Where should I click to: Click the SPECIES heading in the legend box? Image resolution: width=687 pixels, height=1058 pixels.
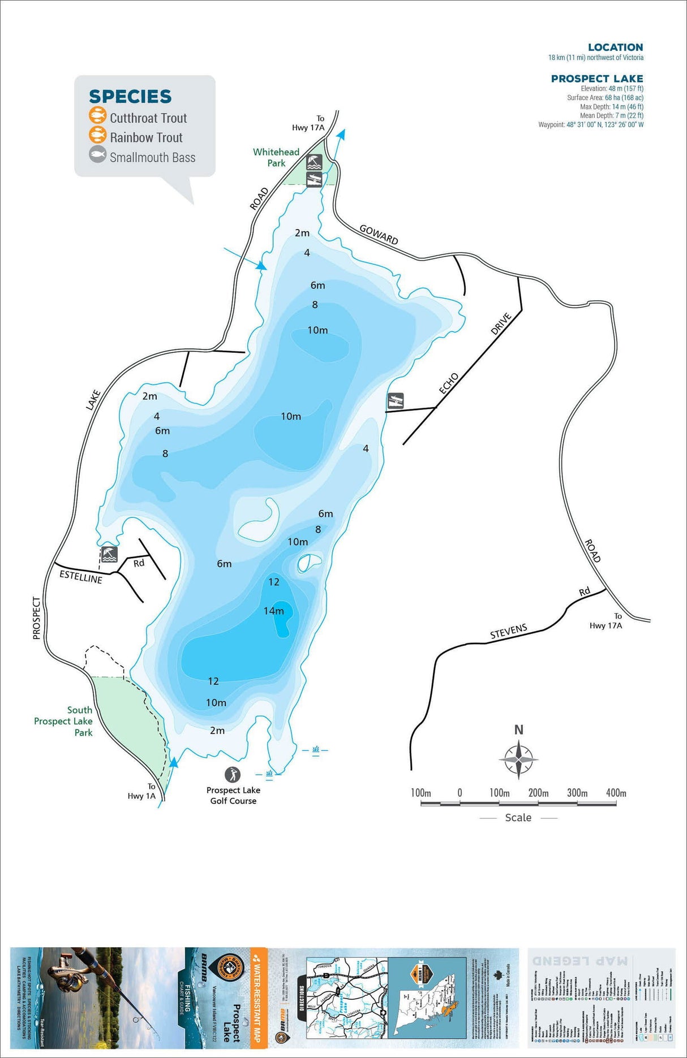coord(130,97)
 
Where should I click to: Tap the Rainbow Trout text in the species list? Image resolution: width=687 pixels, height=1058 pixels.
coord(146,137)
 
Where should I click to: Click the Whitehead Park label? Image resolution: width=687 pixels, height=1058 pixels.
coord(276,157)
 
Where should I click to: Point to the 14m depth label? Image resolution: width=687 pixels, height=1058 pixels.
coord(274,611)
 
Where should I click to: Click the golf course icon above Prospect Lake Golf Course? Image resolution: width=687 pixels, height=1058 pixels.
coord(233,774)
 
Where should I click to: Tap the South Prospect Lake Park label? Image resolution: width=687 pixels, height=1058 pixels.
coord(64,721)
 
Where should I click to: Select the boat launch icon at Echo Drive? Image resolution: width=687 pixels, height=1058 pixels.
coord(396,401)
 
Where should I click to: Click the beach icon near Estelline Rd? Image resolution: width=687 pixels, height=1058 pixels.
coord(109,554)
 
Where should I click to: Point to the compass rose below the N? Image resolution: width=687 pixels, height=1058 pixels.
coord(518,759)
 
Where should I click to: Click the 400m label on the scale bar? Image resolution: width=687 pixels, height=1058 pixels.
coord(616,793)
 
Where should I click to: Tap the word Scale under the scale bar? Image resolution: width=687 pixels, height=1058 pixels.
coord(518,818)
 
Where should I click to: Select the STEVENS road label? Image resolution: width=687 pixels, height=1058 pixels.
coord(509,631)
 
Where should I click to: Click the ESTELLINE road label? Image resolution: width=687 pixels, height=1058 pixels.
coord(81,577)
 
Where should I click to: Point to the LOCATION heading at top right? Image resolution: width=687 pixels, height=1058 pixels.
coord(615,47)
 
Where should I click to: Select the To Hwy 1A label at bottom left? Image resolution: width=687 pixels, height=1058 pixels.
coord(142,791)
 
